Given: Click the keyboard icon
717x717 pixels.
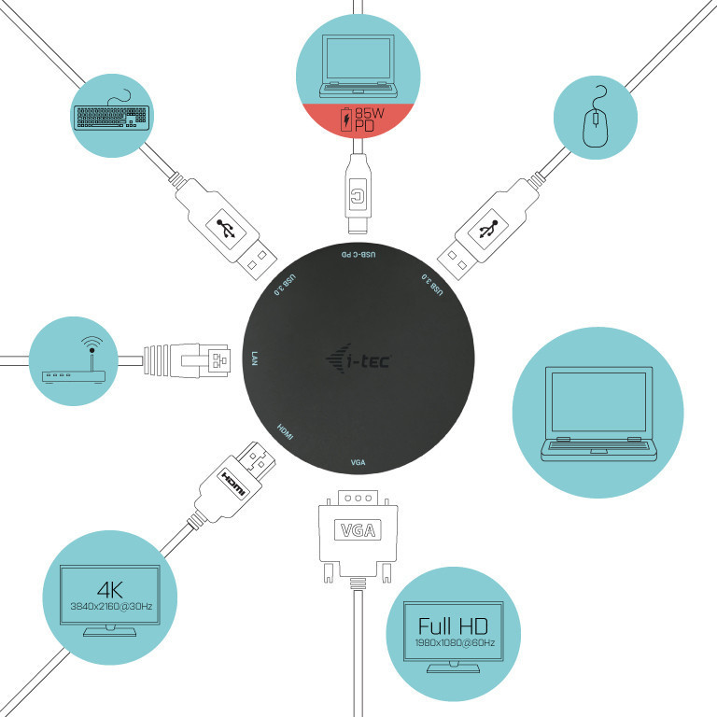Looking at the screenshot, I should (x=110, y=115).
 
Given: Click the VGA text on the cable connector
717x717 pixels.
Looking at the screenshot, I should (x=358, y=532).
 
